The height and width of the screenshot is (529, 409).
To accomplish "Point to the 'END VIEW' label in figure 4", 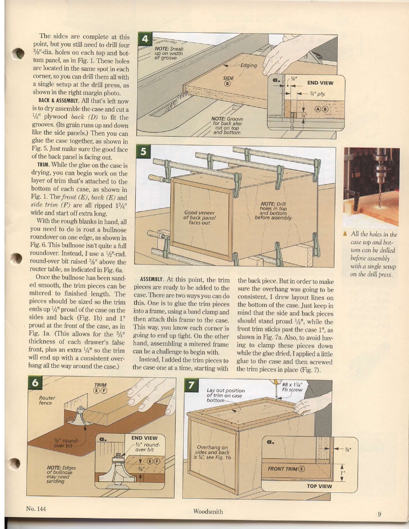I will [320, 82].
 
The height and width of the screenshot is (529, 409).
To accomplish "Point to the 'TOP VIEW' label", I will [320, 486].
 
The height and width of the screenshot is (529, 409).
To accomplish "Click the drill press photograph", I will [371, 186].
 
